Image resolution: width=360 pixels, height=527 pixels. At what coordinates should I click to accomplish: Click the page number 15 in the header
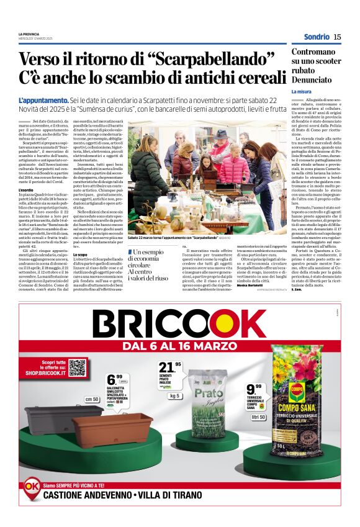(x=337, y=37)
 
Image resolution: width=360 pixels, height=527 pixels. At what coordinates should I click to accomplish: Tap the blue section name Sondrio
(x=317, y=37)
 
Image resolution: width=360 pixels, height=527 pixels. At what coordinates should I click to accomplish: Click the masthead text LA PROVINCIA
(x=29, y=34)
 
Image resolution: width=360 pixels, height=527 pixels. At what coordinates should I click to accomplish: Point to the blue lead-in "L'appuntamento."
(x=43, y=100)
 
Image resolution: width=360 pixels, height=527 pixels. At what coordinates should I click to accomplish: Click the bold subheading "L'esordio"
(x=26, y=189)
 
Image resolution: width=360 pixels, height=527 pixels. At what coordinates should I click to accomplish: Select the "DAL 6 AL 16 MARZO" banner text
(x=179, y=345)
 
